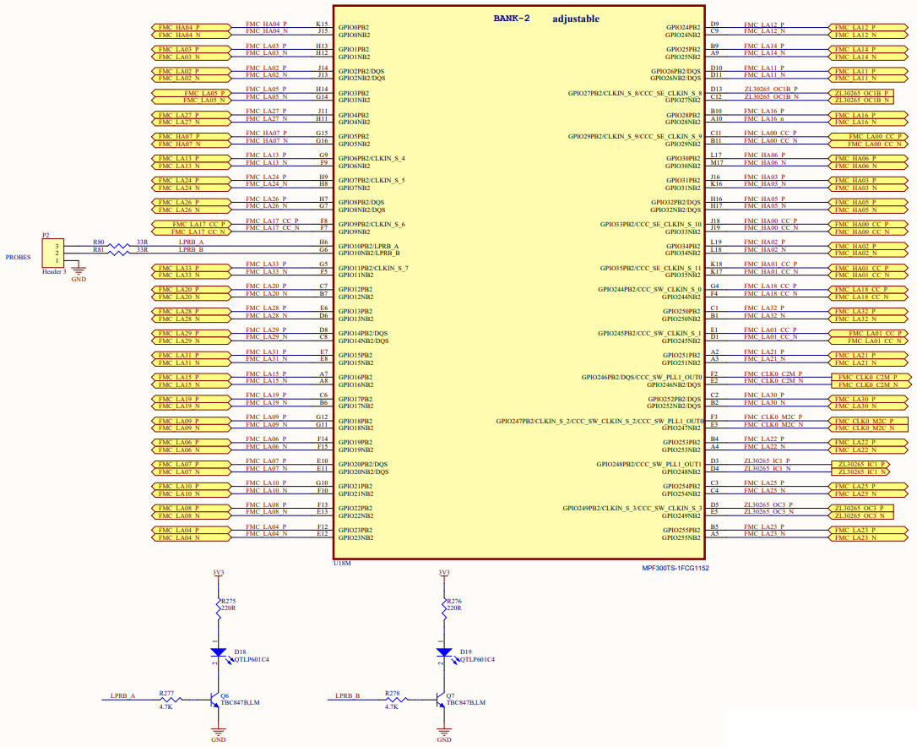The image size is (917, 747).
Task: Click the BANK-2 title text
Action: [x=511, y=19]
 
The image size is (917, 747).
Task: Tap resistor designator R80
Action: [x=98, y=243]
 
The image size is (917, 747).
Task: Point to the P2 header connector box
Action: [x=52, y=252]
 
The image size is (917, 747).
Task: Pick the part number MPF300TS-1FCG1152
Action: [x=676, y=569]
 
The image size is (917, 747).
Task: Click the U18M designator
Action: [x=342, y=562]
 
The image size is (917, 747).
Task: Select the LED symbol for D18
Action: [x=218, y=652]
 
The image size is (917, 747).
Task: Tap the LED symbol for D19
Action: [x=443, y=652]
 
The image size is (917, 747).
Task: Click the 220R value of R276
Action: [x=453, y=608]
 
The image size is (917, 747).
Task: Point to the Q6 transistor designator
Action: [x=225, y=696]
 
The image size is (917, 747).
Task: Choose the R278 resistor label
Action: [x=392, y=693]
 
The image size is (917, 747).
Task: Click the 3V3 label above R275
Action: [x=218, y=573]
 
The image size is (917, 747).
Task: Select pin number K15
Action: [x=323, y=25]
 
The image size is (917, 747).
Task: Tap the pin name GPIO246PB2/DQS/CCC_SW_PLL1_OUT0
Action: [x=642, y=377]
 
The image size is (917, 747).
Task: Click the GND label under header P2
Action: [x=79, y=278]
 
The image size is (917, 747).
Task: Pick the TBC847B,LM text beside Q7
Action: [x=464, y=703]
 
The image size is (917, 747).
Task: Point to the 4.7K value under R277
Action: [x=165, y=706]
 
